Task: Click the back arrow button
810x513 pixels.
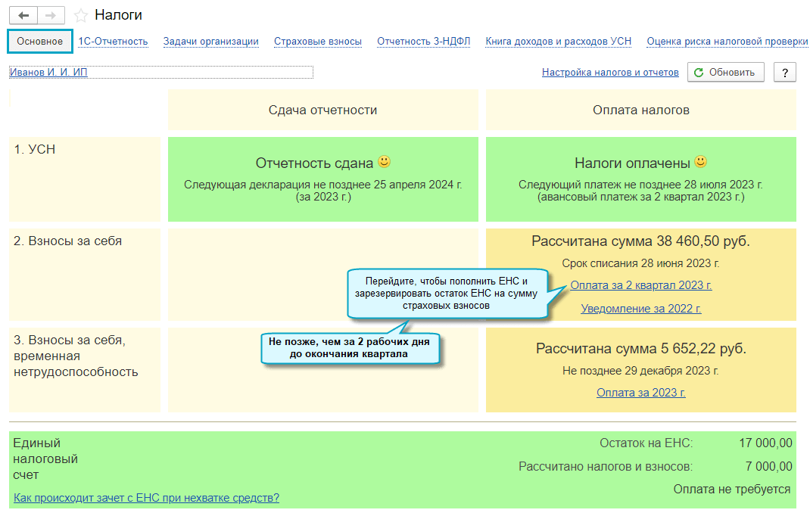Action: click(23, 16)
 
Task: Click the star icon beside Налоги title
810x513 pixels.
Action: click(81, 16)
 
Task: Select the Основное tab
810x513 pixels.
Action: click(40, 42)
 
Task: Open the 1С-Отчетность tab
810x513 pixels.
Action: click(113, 42)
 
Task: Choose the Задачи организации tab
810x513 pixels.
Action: click(211, 42)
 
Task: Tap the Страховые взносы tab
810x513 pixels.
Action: click(318, 42)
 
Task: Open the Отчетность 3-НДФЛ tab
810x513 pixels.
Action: click(424, 42)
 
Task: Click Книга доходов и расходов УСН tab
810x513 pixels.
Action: click(559, 42)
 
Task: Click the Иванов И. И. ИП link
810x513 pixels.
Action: click(48, 73)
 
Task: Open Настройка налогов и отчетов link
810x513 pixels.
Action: click(610, 73)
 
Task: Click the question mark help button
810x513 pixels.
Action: click(785, 73)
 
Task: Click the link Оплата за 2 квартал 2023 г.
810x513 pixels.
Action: click(641, 285)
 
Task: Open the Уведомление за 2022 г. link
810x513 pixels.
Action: click(641, 309)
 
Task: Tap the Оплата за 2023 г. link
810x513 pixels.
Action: click(641, 393)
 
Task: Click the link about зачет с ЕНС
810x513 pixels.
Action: click(147, 498)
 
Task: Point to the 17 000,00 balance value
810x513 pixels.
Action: click(765, 443)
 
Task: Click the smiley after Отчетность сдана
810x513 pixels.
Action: click(385, 162)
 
